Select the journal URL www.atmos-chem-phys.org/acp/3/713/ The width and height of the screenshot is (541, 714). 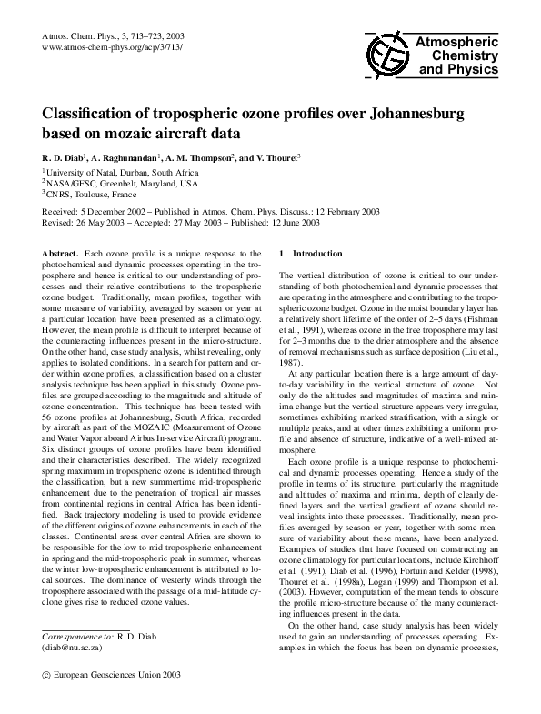click(113, 45)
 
